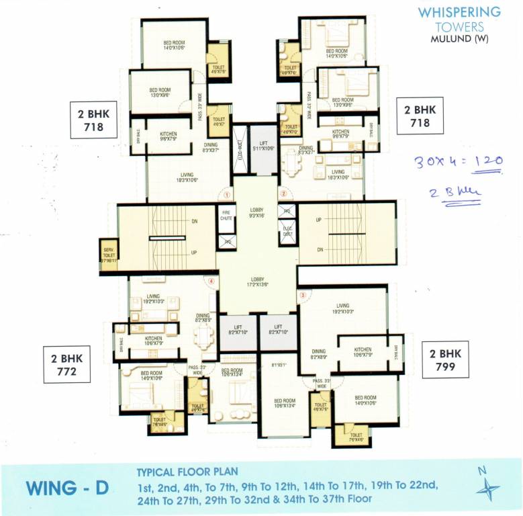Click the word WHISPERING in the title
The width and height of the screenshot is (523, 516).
click(459, 12)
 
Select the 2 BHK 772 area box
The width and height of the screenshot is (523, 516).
click(66, 364)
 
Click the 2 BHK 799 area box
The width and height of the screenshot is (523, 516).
click(445, 360)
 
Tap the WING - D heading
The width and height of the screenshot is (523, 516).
click(67, 487)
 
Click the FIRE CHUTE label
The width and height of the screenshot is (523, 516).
click(226, 216)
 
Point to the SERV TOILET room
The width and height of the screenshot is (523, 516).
click(108, 255)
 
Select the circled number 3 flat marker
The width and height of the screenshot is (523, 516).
click(303, 294)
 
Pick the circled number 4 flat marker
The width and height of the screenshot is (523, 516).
click(211, 282)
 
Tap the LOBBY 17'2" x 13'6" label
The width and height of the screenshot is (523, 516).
click(256, 282)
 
